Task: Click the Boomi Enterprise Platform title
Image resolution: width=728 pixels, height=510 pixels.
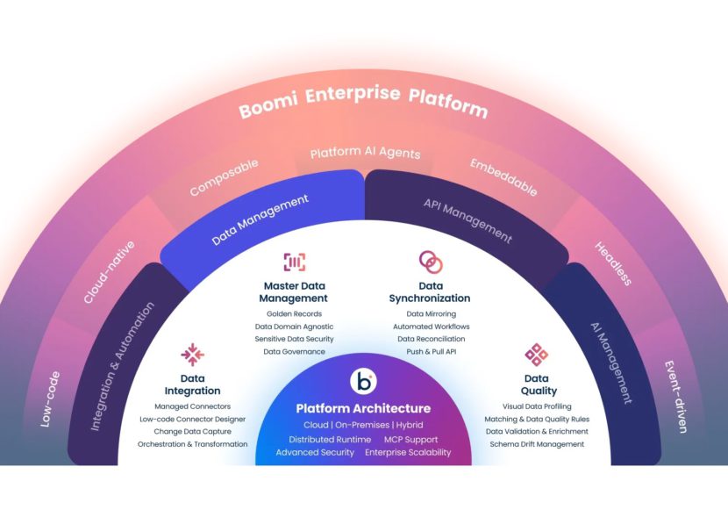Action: (x=363, y=99)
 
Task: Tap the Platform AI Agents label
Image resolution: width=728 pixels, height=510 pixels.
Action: (x=365, y=153)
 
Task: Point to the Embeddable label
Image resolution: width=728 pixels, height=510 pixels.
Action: (x=503, y=177)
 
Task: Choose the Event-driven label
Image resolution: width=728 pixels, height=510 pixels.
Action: (x=675, y=397)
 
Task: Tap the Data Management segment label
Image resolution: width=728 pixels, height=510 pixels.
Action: (x=261, y=219)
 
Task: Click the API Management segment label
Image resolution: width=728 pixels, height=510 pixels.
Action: (x=467, y=219)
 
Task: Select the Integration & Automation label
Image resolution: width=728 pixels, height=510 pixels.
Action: (x=125, y=366)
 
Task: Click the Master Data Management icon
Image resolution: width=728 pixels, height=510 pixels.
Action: (x=294, y=262)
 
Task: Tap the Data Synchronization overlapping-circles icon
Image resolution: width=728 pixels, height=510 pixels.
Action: (x=430, y=262)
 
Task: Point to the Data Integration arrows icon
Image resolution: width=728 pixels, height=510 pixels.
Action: (x=192, y=354)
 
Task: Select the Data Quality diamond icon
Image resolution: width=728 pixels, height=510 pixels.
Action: (x=537, y=355)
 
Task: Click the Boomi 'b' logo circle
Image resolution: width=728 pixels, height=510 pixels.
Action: (x=363, y=382)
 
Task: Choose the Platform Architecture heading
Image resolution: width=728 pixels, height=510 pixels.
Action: (x=363, y=408)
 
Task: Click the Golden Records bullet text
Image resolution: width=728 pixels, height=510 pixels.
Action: (x=294, y=313)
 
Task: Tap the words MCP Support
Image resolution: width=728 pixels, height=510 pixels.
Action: (x=410, y=439)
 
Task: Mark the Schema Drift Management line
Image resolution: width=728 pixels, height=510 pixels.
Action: (x=537, y=444)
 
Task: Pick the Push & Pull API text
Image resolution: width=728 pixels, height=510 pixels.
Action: (x=430, y=351)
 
